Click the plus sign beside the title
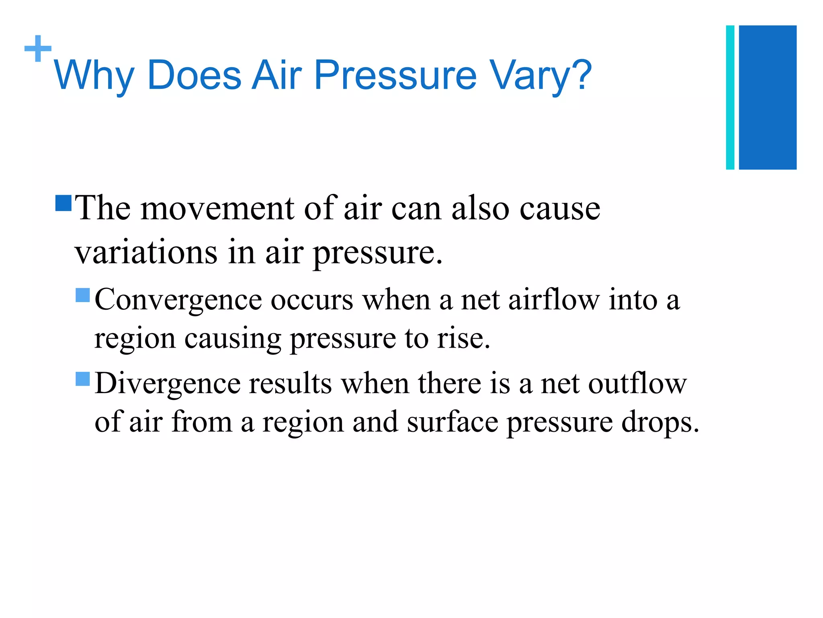tap(38, 49)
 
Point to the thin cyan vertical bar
tap(730, 97)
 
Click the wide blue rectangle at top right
tap(768, 97)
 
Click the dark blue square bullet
tap(63, 203)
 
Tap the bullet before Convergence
tap(83, 295)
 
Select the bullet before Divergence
tap(83, 379)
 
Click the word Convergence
tap(178, 301)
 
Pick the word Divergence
tap(167, 383)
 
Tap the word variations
tap(146, 252)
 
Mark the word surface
tap(452, 422)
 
